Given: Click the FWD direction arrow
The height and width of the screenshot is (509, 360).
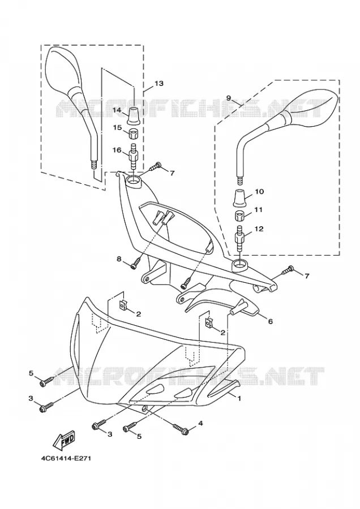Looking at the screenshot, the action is pos(64,440).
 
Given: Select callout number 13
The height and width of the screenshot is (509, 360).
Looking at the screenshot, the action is pos(159,84).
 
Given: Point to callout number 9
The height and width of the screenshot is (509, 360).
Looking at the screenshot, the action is pos(229,98).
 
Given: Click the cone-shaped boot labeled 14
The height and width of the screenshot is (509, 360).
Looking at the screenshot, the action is pos(134,115).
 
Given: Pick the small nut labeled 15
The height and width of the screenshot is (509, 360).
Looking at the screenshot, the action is pos(133,133).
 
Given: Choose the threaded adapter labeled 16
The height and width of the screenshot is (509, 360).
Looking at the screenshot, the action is pos(133,157).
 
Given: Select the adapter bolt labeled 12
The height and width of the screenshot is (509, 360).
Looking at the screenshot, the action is pos(241,239).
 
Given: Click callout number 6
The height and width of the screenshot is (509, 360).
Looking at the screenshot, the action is pos(270,321).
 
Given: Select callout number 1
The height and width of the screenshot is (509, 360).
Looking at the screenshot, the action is pos(239,398).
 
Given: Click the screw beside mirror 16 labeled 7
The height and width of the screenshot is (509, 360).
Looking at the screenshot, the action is pos(156,167).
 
